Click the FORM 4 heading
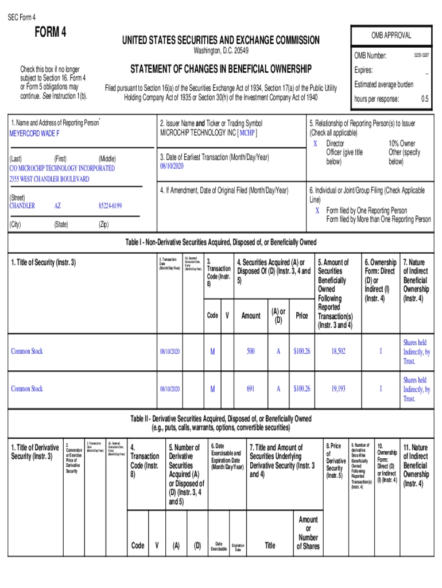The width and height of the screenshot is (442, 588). point(51,32)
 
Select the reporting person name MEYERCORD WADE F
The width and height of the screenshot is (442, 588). point(34,133)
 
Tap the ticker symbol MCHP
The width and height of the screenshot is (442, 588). point(247,133)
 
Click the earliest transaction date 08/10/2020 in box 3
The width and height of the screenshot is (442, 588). point(172,167)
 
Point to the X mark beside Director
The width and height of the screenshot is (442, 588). point(315,143)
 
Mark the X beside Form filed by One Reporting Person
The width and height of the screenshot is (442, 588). point(317,210)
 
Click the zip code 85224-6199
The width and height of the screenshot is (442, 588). point(110,206)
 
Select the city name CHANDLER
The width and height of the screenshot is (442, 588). point(22,206)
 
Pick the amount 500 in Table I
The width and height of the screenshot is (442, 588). point(251,351)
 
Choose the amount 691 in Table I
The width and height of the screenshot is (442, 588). point(251,389)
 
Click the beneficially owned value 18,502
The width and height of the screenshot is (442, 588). point(338,351)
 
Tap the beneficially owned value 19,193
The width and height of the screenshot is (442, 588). point(338,389)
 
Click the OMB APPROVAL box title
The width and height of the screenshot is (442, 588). point(390,35)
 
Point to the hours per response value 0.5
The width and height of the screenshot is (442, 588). point(424,99)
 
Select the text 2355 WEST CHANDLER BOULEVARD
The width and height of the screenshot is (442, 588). point(49,179)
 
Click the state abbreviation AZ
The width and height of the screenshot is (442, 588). point(57,206)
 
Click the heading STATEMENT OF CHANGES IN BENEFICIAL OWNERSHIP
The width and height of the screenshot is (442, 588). point(220,69)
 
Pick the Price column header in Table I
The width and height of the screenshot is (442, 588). point(301,315)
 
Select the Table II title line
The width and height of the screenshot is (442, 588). point(220,419)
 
